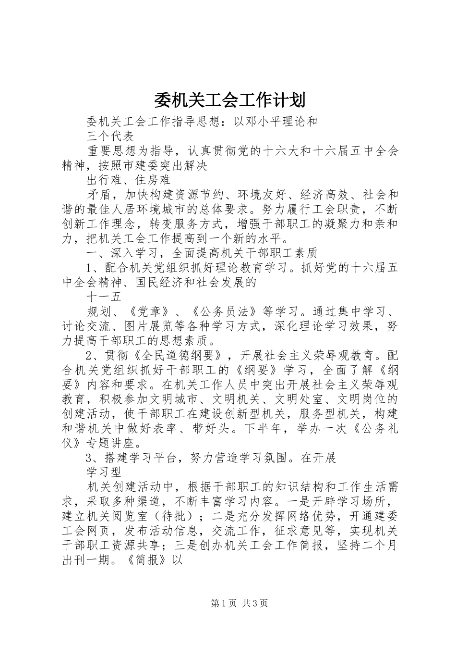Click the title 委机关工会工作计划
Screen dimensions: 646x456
[228, 100]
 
